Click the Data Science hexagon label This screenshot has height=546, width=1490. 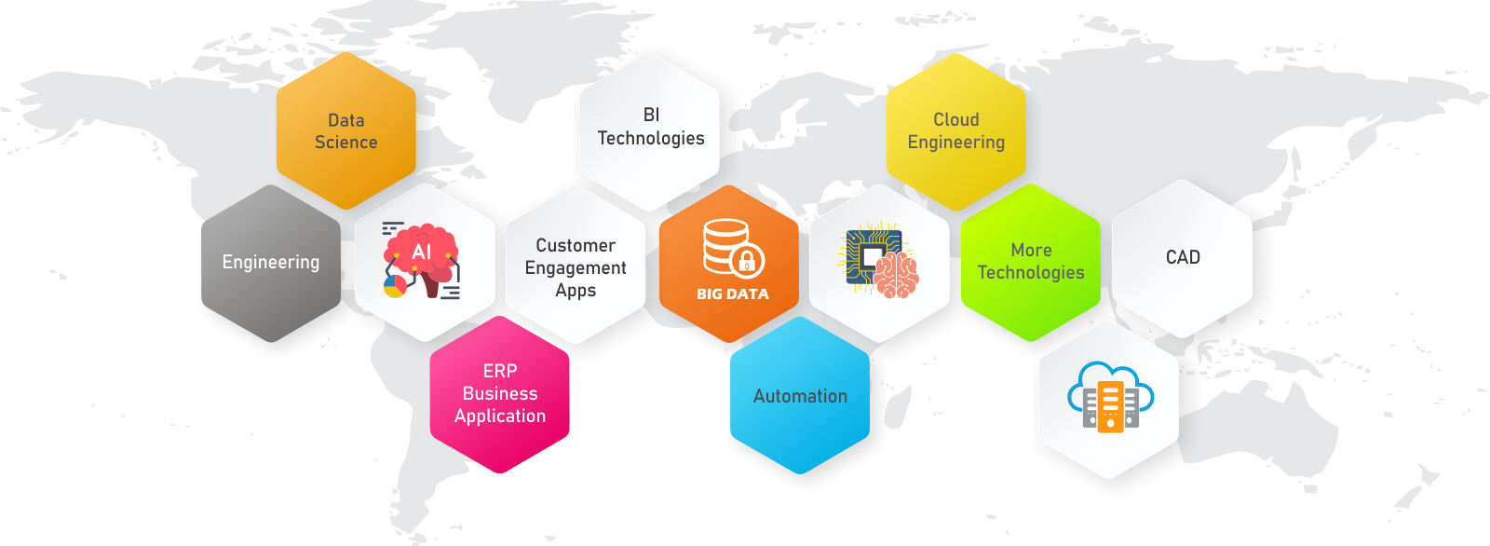point(345,131)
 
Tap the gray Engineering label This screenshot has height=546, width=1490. point(271,263)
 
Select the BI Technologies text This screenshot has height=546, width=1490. point(651,127)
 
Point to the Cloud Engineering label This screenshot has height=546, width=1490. point(955,130)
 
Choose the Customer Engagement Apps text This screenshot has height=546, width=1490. point(576,267)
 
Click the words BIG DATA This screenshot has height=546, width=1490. point(732,293)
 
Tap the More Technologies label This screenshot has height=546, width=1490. point(1030,261)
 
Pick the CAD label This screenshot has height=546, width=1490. point(1183,257)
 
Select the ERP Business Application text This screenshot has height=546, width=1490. point(500,393)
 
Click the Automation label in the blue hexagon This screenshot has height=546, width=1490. point(800,396)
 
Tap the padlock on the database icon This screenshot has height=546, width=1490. point(746,260)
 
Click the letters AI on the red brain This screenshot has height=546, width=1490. point(421,252)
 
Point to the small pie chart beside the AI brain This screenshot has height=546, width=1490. point(395,286)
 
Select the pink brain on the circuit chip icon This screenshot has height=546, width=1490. point(896,275)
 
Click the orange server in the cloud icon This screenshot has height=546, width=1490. point(1110,407)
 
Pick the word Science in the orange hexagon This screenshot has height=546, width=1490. point(345,142)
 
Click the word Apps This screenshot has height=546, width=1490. point(576,291)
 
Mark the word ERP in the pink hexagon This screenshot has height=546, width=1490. point(500,371)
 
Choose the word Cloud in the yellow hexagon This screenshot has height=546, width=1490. point(955,120)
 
